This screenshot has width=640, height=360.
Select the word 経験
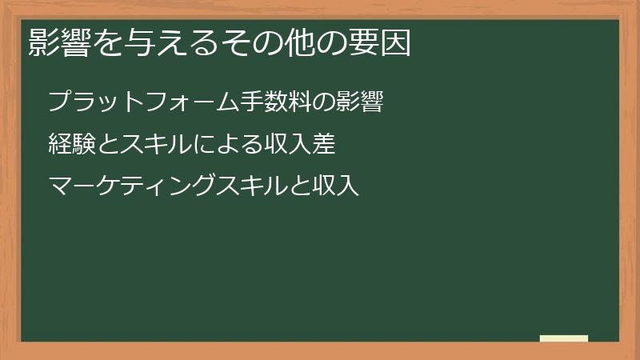pyautogui.click(x=70, y=145)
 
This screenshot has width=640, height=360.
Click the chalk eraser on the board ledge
pyautogui.click(x=564, y=338)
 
